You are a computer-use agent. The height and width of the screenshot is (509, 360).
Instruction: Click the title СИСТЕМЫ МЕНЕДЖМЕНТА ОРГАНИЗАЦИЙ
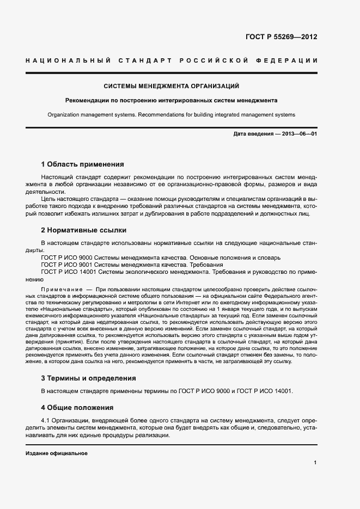pos(172,86)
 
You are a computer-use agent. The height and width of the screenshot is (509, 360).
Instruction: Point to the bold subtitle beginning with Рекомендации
pos(172,101)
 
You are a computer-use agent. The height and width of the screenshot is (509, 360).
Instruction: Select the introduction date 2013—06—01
pos(300,134)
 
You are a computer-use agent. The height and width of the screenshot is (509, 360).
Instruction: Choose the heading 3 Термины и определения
pos(88,378)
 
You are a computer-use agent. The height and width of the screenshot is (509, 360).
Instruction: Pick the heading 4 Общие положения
pos(77,407)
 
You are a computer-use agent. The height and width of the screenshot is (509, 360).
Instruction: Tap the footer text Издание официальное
pos(57,453)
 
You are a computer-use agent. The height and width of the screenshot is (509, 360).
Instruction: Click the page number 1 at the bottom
pos(315,463)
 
